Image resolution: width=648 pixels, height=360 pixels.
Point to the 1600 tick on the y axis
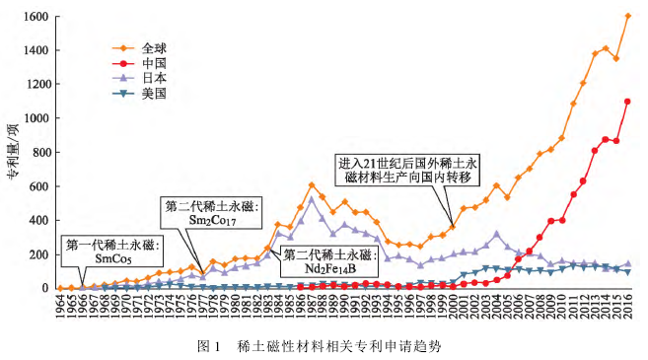(x=37, y=17)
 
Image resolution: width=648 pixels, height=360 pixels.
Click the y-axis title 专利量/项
(x=13, y=152)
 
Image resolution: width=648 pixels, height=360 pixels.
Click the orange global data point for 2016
(x=627, y=16)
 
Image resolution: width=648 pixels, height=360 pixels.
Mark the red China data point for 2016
(x=627, y=102)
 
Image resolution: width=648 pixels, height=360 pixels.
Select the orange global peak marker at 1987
(x=312, y=184)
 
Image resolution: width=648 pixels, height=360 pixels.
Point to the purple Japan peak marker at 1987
(x=312, y=199)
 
